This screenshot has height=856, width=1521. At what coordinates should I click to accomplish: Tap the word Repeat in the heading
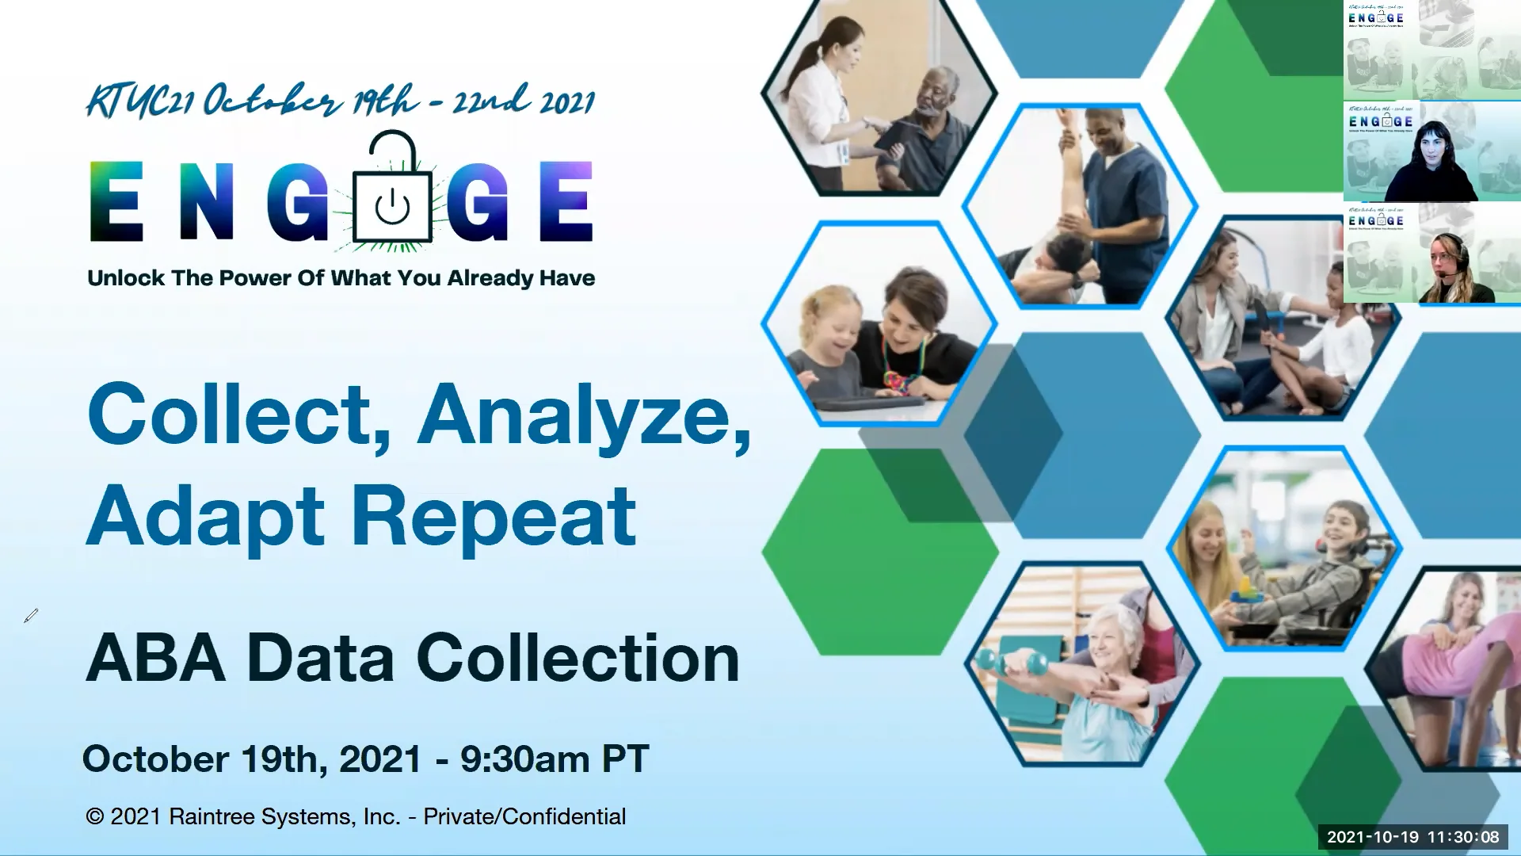493,517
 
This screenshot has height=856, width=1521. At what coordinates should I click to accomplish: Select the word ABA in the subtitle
155,658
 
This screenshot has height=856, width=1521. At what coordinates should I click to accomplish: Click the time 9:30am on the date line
524,759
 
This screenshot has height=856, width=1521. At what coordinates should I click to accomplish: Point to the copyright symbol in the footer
95,816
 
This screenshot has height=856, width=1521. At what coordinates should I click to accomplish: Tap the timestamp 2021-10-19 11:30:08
1412,837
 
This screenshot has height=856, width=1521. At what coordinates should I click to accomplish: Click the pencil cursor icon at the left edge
31,616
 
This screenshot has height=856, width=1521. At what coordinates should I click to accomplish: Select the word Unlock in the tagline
126,278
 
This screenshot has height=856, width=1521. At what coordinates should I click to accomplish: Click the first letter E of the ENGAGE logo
116,201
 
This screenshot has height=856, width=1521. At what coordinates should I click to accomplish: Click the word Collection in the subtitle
578,658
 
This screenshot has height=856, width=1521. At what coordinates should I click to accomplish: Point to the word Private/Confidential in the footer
524,816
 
